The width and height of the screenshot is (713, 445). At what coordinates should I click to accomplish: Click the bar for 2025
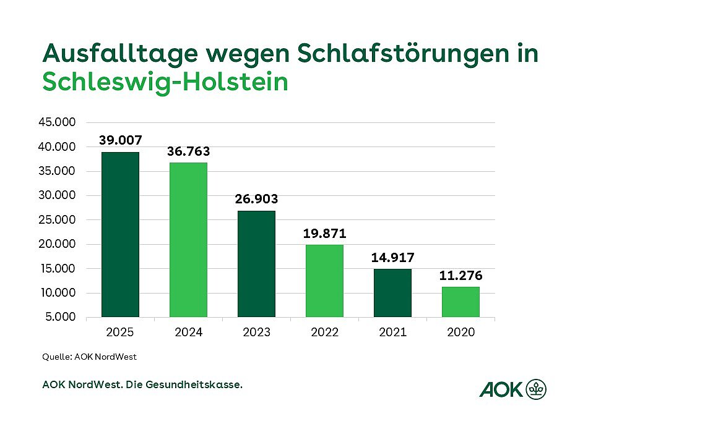(120, 235)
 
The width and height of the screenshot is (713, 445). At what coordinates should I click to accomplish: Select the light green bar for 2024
(188, 240)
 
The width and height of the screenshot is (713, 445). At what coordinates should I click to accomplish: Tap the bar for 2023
(256, 264)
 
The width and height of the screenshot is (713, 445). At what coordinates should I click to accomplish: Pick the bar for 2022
(324, 281)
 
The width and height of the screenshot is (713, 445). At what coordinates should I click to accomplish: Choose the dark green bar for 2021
(392, 293)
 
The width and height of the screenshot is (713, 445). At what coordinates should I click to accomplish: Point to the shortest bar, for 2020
(460, 302)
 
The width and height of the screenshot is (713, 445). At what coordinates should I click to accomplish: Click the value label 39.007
(120, 140)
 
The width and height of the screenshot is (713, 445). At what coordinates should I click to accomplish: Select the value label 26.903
(256, 199)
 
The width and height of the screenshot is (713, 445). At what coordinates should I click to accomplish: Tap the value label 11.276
(460, 276)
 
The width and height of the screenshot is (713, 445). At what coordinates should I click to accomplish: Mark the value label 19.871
(324, 234)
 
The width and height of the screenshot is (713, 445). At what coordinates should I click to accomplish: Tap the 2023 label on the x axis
(256, 333)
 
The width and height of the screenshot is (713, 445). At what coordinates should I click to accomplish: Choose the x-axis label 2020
(460, 333)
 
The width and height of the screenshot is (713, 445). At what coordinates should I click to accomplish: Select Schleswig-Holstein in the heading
(165, 82)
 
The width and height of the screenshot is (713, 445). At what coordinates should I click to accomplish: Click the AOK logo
(512, 389)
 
